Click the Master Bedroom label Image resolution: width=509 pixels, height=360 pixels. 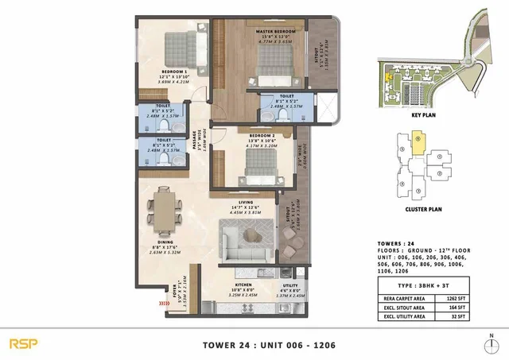click(276, 32)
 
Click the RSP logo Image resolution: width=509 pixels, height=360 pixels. click(22, 343)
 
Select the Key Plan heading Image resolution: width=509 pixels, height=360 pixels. click(422, 114)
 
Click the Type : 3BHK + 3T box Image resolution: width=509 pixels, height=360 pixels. click(422, 283)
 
